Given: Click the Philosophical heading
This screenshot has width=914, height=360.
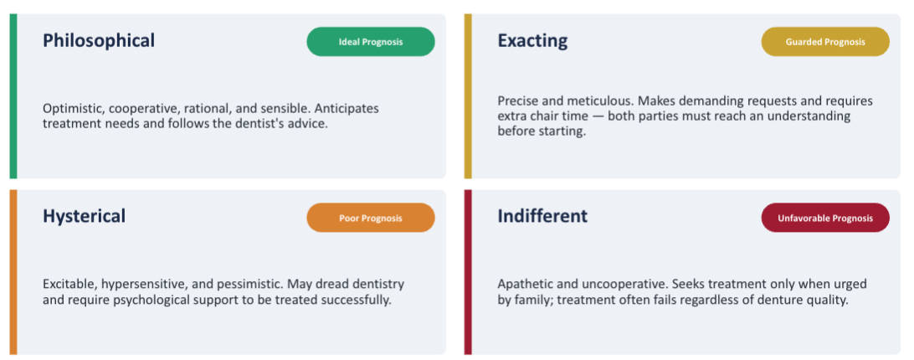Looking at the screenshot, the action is coord(99,41).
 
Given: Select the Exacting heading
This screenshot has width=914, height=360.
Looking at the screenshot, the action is coord(532,41).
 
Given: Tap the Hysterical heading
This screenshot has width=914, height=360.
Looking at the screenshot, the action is coord(84,217).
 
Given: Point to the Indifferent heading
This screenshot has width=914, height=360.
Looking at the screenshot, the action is coord(542,216).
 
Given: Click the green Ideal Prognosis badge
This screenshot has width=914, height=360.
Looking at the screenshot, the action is coord(371,42).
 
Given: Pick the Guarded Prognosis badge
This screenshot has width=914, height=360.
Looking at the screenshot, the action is coord(825,42).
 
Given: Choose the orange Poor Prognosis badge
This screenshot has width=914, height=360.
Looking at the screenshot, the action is coord(371,219).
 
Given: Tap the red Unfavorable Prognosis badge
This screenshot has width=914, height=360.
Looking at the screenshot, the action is coord(825,219).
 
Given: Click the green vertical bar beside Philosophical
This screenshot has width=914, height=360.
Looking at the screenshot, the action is coord(13,96).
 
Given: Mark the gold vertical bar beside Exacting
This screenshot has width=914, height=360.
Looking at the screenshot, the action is coord(468,96).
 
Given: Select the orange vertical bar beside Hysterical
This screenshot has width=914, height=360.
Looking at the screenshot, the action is coord(13,272).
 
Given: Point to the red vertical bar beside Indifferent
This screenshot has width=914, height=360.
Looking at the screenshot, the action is coord(468,272).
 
